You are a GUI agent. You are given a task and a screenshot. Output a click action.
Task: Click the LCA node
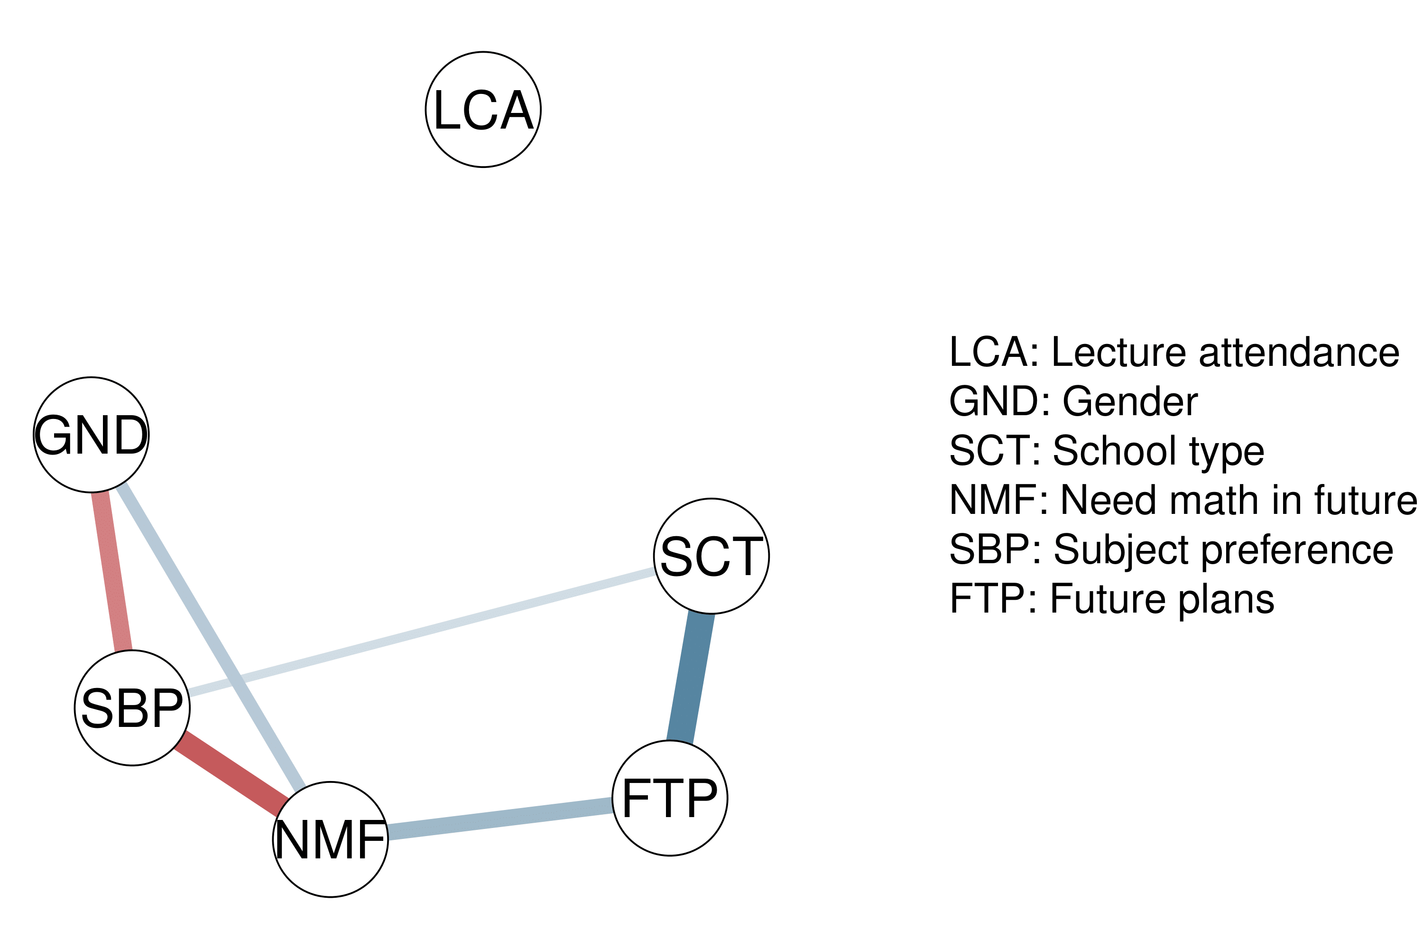point(483,110)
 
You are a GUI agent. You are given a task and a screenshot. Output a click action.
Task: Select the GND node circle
point(91,435)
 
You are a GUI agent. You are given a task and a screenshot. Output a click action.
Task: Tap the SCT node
point(711,556)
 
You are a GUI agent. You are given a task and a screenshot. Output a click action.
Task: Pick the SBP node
point(132,707)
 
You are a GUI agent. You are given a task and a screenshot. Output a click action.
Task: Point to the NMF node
point(330,839)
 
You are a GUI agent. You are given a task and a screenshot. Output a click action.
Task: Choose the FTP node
point(669,798)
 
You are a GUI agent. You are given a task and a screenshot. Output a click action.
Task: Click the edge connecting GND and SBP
point(112,572)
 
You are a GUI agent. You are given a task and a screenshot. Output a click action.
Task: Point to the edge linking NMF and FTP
point(499,819)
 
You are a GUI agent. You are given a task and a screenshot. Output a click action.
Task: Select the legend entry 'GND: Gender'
point(1072,401)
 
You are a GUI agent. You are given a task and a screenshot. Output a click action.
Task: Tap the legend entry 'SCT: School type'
point(1106,451)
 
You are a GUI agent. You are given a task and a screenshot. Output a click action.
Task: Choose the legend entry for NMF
point(1183,501)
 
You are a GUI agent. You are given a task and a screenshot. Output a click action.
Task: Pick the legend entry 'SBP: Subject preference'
point(1171,550)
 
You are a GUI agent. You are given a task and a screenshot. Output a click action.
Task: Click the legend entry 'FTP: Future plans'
point(1112,600)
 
